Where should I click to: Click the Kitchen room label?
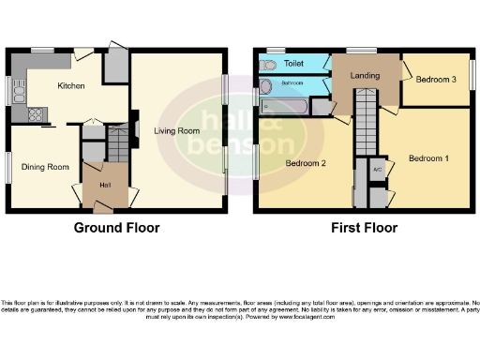71,86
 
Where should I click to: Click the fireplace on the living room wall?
136,129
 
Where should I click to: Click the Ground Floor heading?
116,228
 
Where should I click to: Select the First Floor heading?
365,228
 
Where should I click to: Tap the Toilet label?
294,64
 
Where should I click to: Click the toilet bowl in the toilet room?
269,64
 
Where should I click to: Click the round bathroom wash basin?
266,86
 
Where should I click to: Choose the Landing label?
364,75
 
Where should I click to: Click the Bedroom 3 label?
435,80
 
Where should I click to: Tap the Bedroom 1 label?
428,158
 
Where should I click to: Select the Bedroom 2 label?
305,164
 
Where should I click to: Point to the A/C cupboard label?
377,170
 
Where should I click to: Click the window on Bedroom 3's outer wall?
473,74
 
